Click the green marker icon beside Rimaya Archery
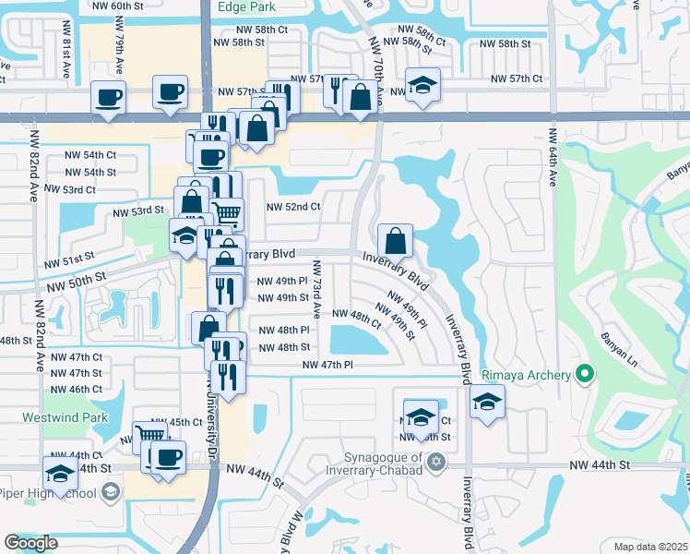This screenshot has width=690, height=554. click(x=583, y=374)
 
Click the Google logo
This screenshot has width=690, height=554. click(x=30, y=543)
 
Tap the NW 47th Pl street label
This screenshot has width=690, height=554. click(x=328, y=366)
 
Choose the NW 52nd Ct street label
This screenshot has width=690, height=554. click(x=293, y=207)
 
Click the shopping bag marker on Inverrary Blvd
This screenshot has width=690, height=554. click(x=394, y=242)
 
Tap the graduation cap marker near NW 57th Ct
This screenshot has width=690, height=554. click(x=422, y=86)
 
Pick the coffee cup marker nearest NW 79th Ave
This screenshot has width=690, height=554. click(x=108, y=97)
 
